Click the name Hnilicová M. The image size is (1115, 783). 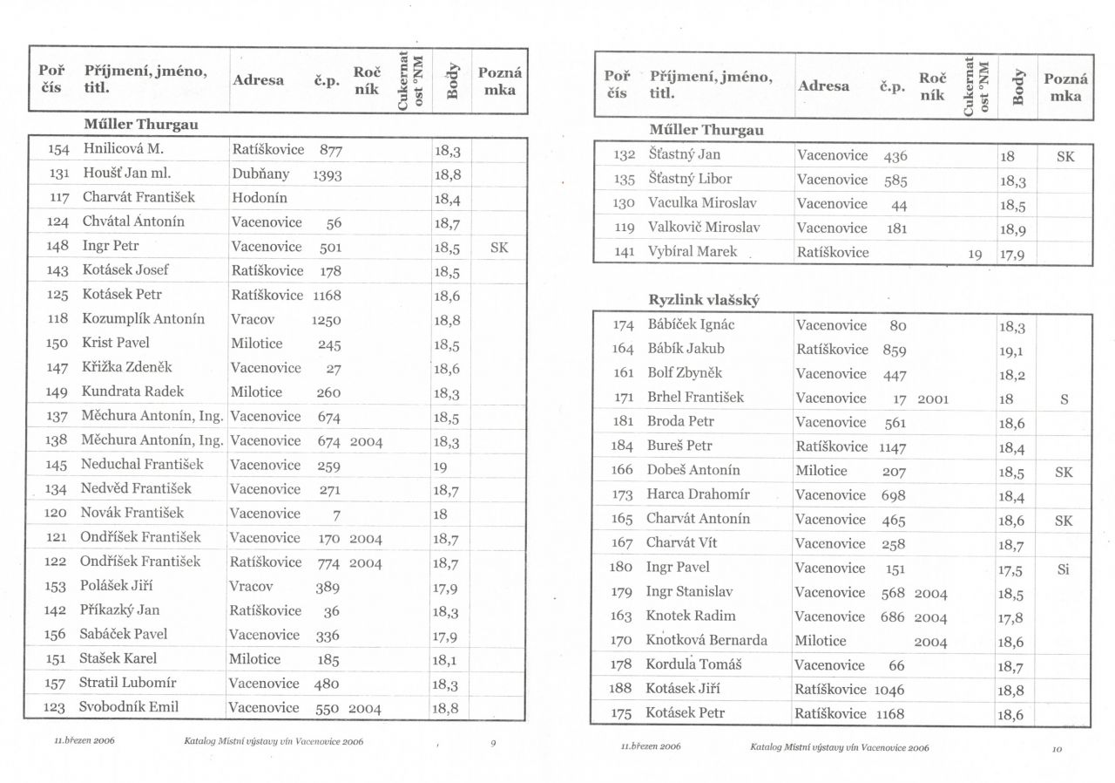click(124, 149)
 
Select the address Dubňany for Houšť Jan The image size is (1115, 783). click(260, 174)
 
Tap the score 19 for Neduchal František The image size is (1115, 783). click(440, 466)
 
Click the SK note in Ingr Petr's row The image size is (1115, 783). click(499, 247)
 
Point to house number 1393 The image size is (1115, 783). click(327, 174)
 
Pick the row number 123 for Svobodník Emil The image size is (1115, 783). click(56, 707)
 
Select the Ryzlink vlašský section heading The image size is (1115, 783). click(704, 300)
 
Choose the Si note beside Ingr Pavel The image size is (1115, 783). click(1063, 569)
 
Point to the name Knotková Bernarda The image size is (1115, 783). click(707, 641)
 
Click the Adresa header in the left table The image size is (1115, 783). click(259, 80)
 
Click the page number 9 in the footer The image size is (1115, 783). click(493, 743)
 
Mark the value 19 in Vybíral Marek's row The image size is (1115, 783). click(975, 254)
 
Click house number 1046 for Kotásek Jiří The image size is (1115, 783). click(889, 691)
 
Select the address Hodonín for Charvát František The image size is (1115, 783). click(260, 198)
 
